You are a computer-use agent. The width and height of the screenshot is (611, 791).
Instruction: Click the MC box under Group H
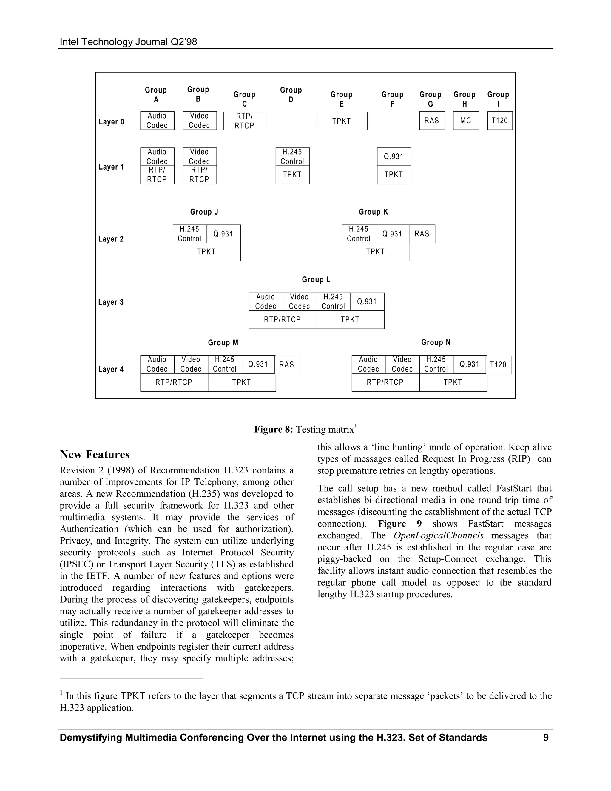[x=466, y=121]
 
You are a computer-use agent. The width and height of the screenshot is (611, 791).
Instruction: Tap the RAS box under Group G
[x=432, y=121]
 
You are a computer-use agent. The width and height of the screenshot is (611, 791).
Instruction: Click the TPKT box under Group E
[x=342, y=121]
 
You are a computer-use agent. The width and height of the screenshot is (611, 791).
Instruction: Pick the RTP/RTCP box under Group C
[x=245, y=121]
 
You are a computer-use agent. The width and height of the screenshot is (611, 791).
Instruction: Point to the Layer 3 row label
[x=111, y=302]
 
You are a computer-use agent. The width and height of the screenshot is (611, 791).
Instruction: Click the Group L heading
[x=316, y=280]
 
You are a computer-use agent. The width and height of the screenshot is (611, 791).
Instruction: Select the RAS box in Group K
[x=422, y=234]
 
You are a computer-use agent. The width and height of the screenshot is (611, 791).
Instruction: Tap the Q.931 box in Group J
[x=223, y=234]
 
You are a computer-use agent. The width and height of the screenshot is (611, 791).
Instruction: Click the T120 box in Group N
[x=499, y=365]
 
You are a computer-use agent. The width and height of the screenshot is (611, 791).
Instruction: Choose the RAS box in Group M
[x=287, y=365]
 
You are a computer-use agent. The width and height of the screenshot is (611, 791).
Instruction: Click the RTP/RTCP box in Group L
[x=282, y=320]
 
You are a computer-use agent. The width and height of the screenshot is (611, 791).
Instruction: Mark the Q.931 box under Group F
[x=394, y=156]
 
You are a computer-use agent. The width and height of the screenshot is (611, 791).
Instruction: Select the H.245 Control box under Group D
[x=292, y=156]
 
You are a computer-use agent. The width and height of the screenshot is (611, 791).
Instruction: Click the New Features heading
[x=95, y=455]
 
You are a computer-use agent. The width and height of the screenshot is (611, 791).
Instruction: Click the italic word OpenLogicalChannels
[x=438, y=536]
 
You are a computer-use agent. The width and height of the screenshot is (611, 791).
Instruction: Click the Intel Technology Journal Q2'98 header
[x=129, y=42]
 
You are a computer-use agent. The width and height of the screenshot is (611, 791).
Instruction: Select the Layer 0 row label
[x=111, y=122]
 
